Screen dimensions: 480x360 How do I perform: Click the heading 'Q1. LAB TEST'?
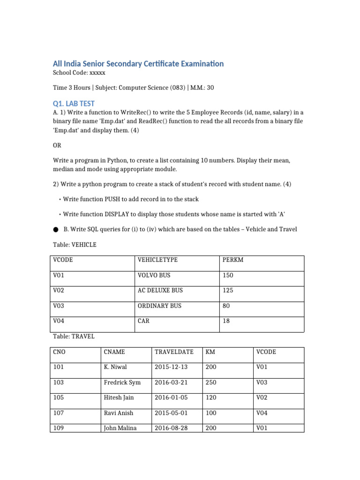74,103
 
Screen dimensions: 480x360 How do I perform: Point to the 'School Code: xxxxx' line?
79,73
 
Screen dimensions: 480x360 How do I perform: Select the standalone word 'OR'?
57,145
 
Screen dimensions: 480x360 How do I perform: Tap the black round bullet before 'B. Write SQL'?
56,230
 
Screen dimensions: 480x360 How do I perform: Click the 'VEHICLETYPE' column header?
157,260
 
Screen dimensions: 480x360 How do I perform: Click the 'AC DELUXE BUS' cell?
160,290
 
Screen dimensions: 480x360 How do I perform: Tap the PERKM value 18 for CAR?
226,321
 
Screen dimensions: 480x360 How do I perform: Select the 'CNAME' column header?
114,352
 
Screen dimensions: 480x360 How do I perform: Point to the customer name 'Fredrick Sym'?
122,382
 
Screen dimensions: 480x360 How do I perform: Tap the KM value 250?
211,382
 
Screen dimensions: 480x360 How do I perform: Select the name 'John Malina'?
120,428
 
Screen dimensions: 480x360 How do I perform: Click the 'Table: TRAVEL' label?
74,336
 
